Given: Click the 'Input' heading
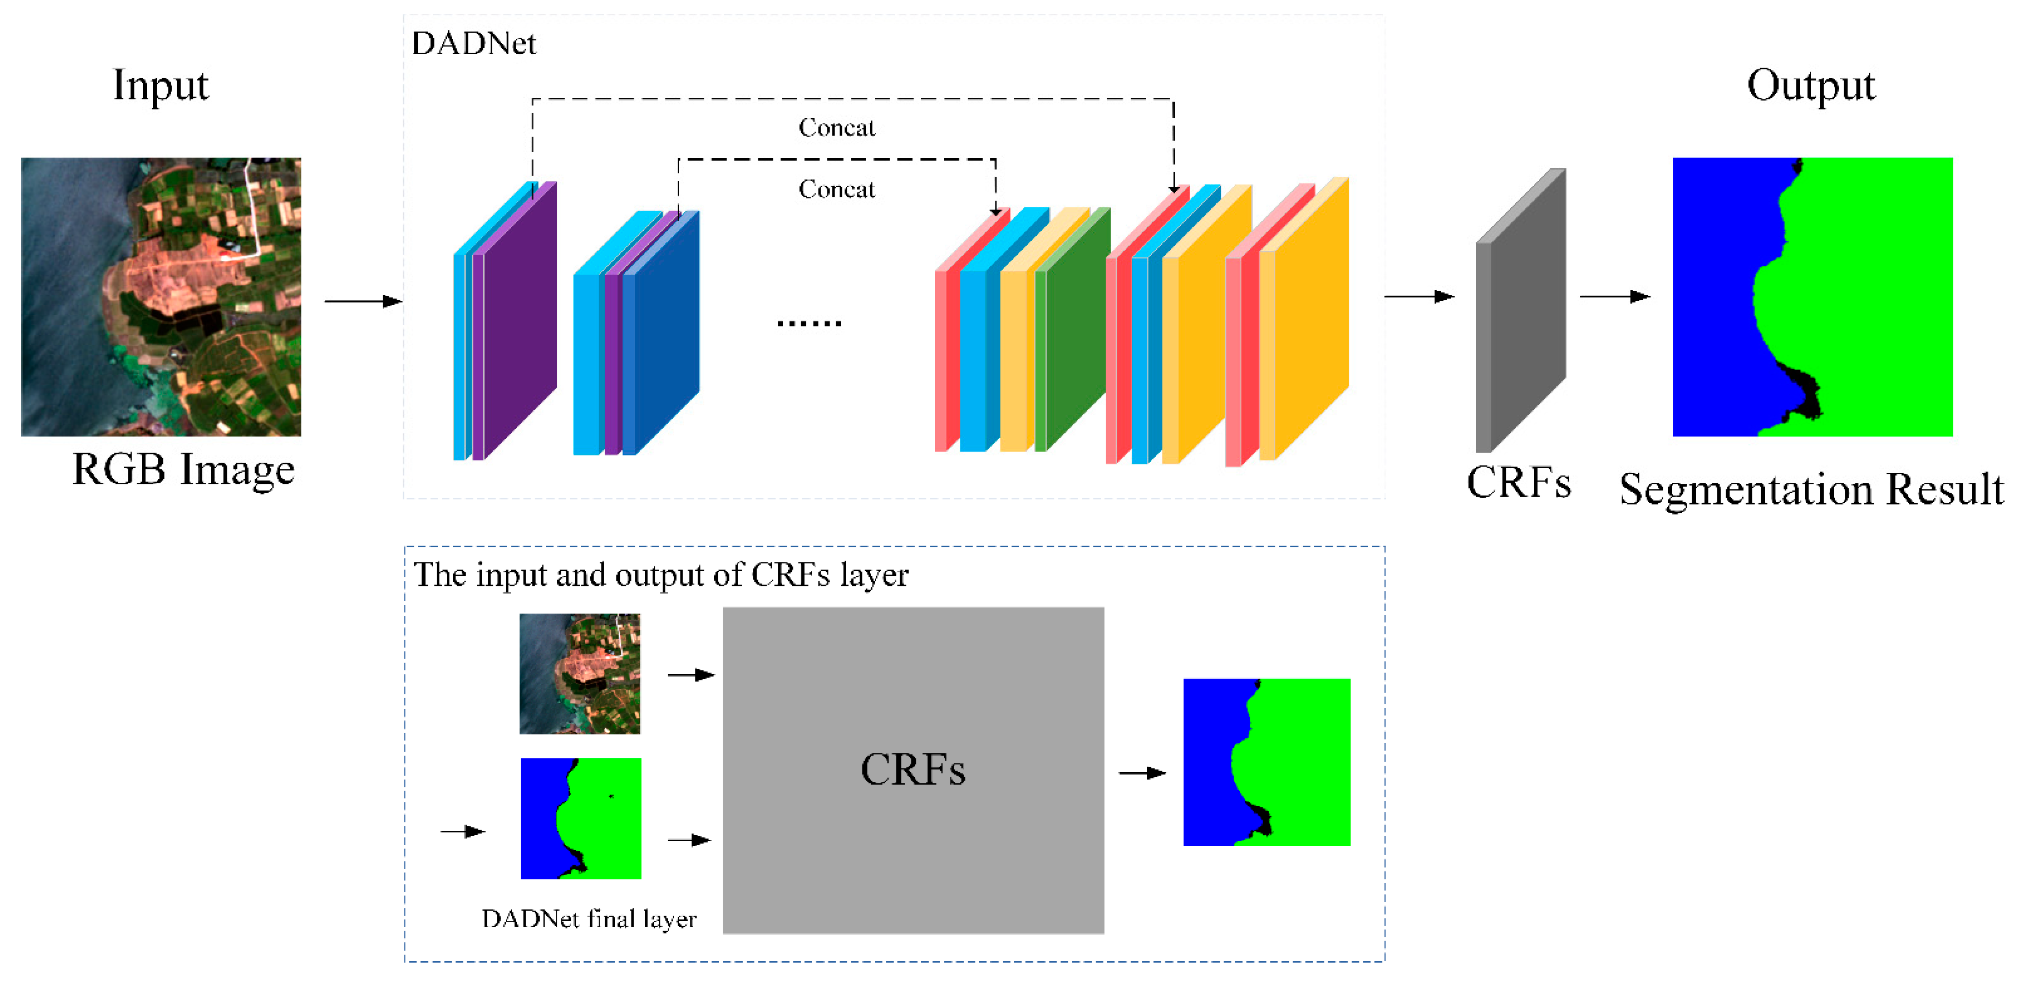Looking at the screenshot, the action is tap(161, 85).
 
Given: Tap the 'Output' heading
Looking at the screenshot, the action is tap(1811, 85).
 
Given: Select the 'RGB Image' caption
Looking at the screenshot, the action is tap(183, 469).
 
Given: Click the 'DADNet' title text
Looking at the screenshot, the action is tap(474, 43).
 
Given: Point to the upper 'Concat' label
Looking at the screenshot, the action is tap(837, 127).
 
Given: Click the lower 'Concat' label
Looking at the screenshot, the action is tap(837, 189).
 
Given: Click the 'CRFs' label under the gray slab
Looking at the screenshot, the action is tap(1519, 482).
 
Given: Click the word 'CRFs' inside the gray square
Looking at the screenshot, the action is tap(913, 769).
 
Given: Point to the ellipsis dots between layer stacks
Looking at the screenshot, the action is tap(809, 322).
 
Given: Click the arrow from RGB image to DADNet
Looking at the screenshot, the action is tap(363, 301).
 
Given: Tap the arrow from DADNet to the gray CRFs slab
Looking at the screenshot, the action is tap(1419, 296).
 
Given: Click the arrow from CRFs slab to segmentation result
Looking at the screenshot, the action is tap(1615, 296).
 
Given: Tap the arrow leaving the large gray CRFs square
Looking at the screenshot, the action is tap(1142, 773).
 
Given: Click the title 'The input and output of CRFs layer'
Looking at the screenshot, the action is tap(661, 575).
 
